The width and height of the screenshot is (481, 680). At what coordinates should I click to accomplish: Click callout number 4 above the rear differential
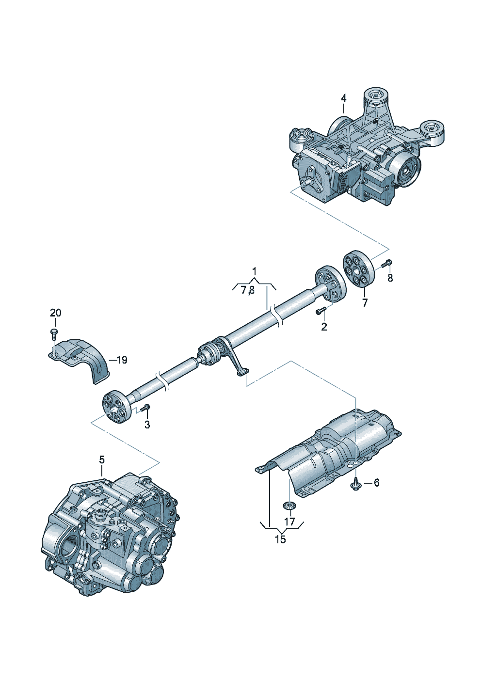343,98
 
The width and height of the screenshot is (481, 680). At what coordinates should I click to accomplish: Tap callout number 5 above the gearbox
102,459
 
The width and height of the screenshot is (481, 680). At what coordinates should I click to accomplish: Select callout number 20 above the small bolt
56,313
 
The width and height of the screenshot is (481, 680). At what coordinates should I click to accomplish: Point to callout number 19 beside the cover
121,360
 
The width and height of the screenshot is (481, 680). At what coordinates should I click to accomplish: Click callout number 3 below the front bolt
147,425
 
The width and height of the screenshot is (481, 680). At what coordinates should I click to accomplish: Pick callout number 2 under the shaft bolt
324,327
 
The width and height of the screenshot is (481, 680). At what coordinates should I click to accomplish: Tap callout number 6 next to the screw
376,482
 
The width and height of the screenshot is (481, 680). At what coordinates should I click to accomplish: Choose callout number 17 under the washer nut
289,522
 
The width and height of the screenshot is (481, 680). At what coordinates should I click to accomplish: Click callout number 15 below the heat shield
280,539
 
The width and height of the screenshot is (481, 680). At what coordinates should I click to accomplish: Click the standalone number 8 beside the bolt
390,278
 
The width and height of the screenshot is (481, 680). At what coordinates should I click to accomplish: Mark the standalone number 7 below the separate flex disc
365,303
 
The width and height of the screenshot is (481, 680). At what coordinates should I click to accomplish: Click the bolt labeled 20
54,333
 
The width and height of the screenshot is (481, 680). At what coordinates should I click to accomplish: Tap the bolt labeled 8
386,264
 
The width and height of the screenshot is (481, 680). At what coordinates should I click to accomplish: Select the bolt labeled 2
321,310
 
